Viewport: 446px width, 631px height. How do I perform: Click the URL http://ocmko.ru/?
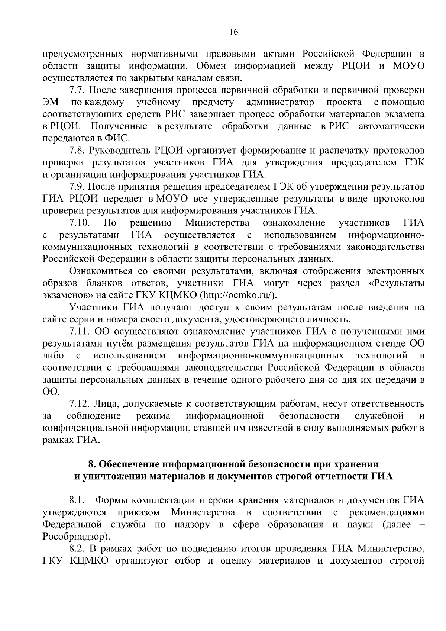click(x=239, y=295)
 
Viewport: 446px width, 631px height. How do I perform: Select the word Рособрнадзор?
click(x=76, y=536)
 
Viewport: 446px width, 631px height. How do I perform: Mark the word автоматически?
click(x=391, y=126)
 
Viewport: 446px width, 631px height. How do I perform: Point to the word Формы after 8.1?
click(x=112, y=500)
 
